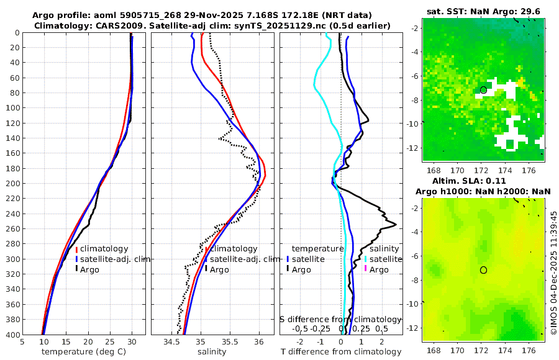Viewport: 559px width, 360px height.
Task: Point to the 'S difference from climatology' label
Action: [x=340, y=318]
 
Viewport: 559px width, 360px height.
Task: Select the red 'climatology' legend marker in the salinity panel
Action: [x=206, y=248]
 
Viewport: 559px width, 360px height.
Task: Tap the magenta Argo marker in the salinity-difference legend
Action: [x=365, y=269]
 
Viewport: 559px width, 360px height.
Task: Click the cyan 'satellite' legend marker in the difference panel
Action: [x=365, y=259]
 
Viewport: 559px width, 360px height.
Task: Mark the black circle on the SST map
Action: [x=483, y=90]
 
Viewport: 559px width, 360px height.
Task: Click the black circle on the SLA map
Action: [x=483, y=269]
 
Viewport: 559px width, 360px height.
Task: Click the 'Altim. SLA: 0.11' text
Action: [x=484, y=179]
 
